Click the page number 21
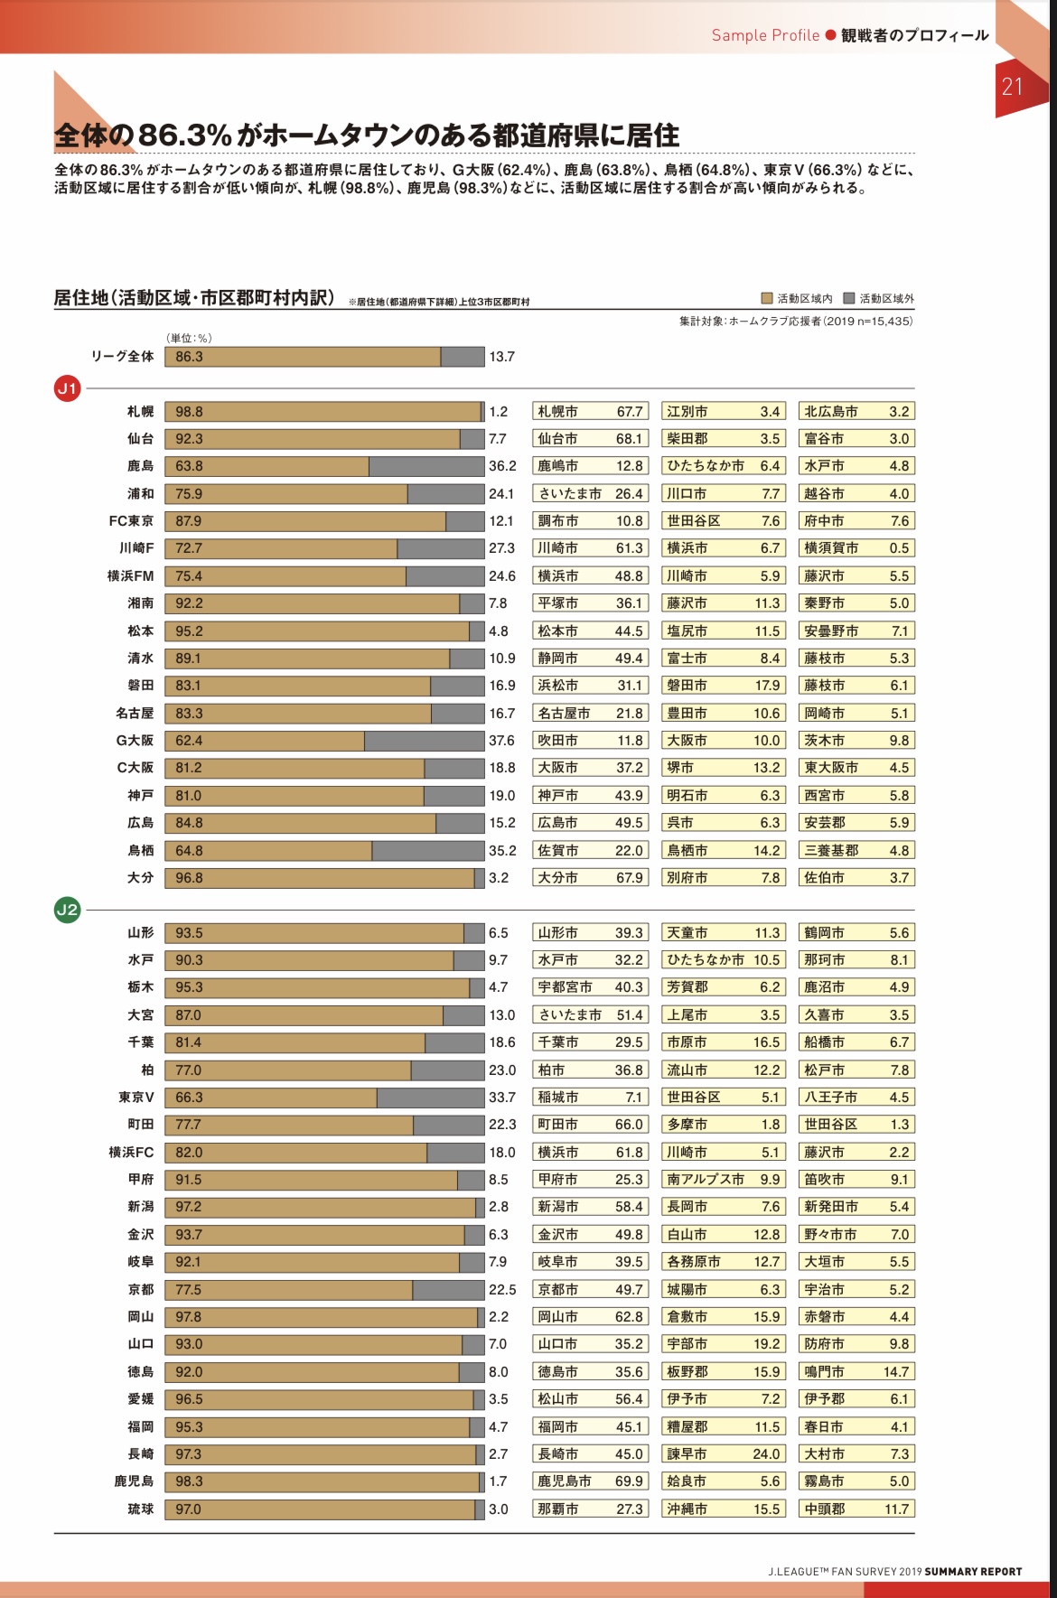click(1012, 87)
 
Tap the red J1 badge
click(68, 389)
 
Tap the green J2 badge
click(68, 910)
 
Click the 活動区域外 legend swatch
click(848, 298)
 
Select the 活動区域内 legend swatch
click(767, 298)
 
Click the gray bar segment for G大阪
click(424, 741)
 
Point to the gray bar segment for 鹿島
click(426, 466)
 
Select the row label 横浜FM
click(130, 576)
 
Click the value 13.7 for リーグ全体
click(501, 357)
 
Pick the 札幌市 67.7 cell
click(591, 412)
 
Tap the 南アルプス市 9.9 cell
click(723, 1180)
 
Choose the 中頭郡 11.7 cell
click(856, 1509)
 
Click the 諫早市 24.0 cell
click(723, 1454)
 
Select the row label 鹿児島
click(134, 1481)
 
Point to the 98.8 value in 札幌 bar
click(189, 412)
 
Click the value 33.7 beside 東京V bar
click(502, 1098)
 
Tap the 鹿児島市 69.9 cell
click(591, 1481)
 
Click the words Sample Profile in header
click(765, 35)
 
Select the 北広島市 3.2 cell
click(856, 412)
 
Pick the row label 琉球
click(140, 1509)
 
